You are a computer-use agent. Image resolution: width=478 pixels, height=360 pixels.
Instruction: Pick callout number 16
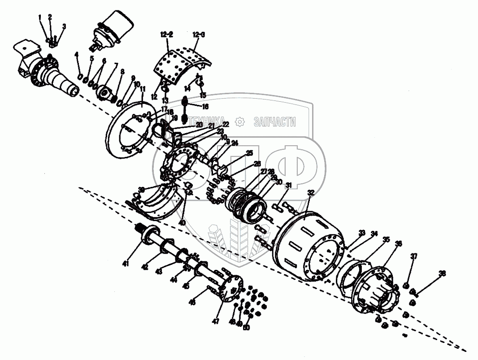(x=205, y=107)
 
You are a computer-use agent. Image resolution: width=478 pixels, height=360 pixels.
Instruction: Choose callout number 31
(x=289, y=185)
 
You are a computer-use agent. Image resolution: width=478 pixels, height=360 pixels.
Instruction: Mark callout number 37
(x=414, y=256)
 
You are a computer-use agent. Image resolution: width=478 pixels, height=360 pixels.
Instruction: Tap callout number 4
(x=76, y=54)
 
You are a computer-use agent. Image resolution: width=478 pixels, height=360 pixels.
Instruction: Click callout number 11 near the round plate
(x=143, y=89)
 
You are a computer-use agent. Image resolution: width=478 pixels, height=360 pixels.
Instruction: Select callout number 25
(x=249, y=153)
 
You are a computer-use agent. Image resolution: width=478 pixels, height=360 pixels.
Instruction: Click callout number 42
(x=145, y=268)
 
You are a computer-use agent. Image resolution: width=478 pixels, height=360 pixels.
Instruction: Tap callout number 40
(x=182, y=222)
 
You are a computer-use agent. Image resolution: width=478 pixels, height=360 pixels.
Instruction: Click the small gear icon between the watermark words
(x=240, y=121)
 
